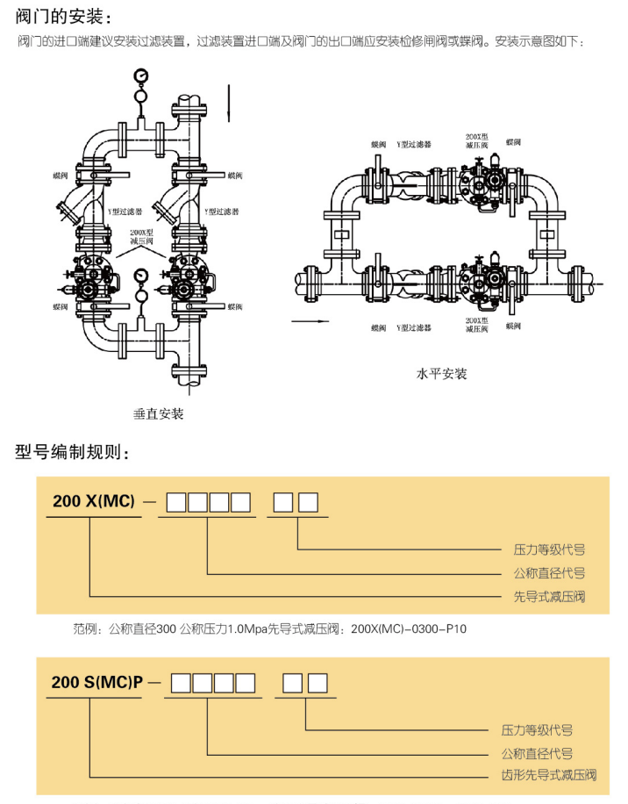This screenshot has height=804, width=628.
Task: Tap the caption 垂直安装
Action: coord(158,413)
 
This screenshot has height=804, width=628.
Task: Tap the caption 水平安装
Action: coord(441,374)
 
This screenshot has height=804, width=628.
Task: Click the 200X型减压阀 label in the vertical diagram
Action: coord(141,235)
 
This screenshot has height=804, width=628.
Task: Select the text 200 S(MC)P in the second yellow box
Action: coord(97,682)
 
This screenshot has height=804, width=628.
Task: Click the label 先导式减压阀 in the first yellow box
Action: coord(548,597)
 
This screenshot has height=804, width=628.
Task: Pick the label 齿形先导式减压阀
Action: coord(548,776)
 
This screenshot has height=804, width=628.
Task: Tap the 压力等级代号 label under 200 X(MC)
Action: coord(548,550)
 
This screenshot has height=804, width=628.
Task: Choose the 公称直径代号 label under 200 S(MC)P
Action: coord(536,753)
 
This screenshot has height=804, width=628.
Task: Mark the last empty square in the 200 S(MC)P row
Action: coord(318,682)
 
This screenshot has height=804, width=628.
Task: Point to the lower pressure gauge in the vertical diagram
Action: coord(140,277)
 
